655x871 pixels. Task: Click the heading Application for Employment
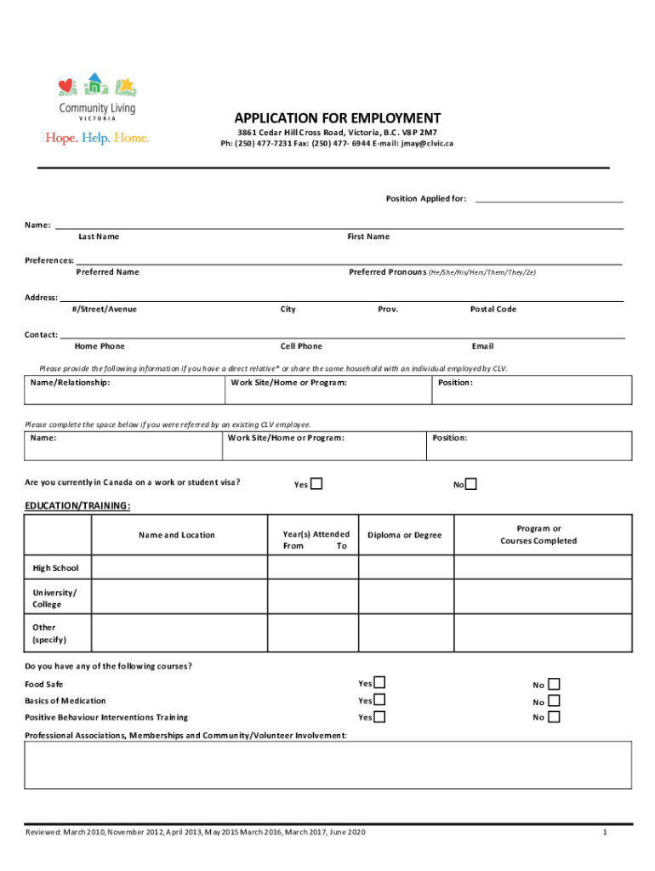(338, 118)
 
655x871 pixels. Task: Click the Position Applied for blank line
(549, 200)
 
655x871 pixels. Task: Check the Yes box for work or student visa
(316, 484)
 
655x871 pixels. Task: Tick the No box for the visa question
(471, 484)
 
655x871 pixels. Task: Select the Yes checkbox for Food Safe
(379, 682)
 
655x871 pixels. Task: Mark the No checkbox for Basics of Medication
(554, 701)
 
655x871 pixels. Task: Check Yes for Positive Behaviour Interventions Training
(379, 716)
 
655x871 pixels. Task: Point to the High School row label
(55, 567)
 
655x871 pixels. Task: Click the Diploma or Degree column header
(405, 535)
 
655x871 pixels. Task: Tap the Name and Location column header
(177, 535)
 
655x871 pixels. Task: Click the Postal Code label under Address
(493, 309)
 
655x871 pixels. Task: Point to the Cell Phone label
(301, 346)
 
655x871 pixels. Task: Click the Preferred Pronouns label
(388, 272)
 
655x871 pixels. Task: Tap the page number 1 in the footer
(604, 832)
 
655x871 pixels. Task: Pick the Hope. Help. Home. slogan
(97, 138)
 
